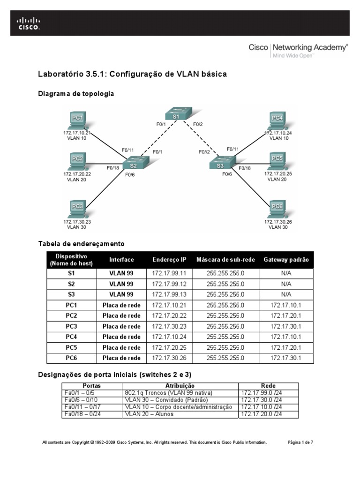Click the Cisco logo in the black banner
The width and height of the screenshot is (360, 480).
tap(29, 23)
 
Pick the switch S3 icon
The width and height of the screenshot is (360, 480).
tap(221, 164)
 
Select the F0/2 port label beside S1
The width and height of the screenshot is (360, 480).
tap(198, 125)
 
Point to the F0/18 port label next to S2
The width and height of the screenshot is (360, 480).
tap(112, 167)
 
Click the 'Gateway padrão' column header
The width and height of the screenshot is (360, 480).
tap(286, 260)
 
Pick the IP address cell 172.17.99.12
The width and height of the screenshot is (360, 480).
tap(169, 284)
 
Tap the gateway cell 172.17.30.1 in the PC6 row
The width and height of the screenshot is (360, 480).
tap(286, 358)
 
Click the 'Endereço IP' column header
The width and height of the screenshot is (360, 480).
tap(169, 260)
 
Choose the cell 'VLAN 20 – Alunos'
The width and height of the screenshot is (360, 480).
tap(149, 414)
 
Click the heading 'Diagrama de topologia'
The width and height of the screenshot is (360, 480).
tap(75, 94)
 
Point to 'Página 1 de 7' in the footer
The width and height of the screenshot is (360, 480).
tap(300, 442)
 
